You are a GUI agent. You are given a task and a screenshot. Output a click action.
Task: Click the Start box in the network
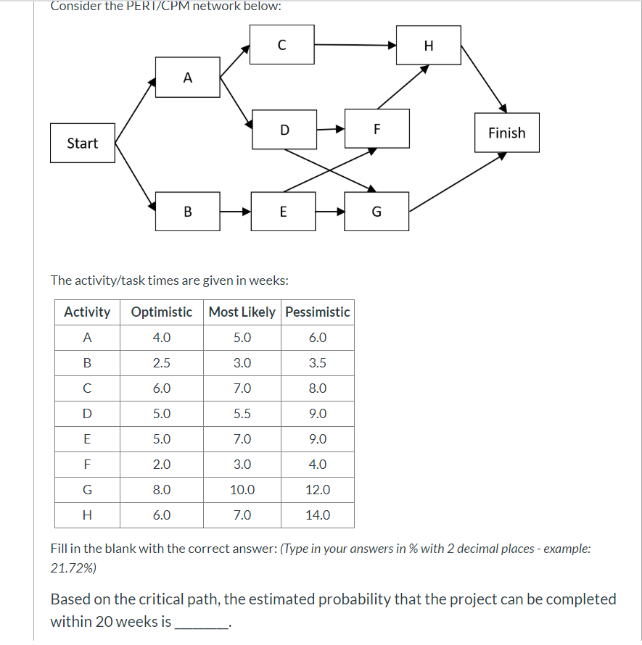83,143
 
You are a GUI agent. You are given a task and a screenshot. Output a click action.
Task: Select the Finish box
506,133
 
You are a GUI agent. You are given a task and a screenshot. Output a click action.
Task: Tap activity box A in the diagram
188,78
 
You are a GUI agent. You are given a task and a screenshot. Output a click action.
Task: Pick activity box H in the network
428,46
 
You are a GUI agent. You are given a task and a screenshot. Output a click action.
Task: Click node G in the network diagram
376,212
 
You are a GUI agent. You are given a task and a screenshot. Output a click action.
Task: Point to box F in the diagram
376,129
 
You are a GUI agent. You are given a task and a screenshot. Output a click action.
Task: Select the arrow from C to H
355,45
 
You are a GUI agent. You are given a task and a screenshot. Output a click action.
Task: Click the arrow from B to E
235,212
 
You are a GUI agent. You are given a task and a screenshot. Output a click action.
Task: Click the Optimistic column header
162,312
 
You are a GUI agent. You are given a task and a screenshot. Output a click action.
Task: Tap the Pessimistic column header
318,312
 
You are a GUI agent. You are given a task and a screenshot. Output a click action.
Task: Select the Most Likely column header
242,312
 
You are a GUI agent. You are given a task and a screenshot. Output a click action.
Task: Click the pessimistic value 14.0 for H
318,515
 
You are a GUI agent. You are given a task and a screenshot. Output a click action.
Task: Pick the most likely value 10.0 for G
242,490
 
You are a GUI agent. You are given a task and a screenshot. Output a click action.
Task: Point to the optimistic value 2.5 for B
162,363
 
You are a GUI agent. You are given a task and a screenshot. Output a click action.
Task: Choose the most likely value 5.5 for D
242,414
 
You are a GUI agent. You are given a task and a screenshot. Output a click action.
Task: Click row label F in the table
87,465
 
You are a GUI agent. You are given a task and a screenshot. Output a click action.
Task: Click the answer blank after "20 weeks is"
202,621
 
